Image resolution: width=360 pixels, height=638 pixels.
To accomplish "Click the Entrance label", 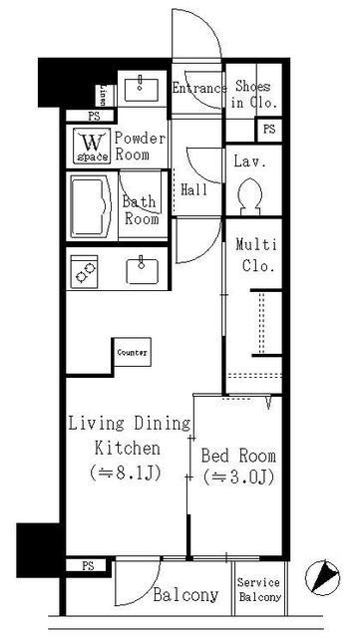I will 199,88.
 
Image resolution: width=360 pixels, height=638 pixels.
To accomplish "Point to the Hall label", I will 194,189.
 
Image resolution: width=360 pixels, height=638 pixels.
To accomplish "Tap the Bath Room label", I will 141,210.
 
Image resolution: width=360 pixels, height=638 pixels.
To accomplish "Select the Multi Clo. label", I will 255,255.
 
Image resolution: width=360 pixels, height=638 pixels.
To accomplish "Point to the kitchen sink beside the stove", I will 142,270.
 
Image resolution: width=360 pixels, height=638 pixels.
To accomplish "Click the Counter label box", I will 133,353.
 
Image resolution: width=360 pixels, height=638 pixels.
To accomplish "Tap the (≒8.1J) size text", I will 127,471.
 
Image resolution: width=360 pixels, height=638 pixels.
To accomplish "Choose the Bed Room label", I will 238,456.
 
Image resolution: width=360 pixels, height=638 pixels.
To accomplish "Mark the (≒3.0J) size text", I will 238,478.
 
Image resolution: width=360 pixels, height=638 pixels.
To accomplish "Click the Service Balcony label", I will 258,590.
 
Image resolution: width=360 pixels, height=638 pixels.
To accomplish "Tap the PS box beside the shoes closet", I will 268,130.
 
